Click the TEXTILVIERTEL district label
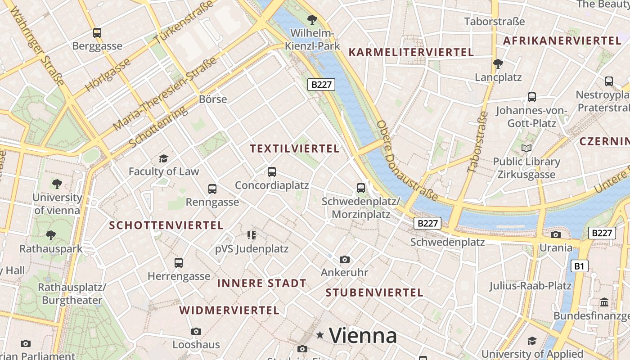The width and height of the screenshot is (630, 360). [x=295, y=149]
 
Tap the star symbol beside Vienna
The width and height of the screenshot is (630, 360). [x=320, y=335]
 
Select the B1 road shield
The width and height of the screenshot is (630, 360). [x=579, y=266]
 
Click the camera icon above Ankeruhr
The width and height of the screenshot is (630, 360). [x=345, y=259]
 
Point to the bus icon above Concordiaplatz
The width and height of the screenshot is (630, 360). [x=271, y=171]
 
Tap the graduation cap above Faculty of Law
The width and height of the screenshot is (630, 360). [x=163, y=158]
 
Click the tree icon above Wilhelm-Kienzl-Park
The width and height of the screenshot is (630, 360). [x=312, y=20]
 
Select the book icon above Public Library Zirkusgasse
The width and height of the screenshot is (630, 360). [x=526, y=148]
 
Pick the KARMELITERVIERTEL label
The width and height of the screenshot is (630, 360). [x=411, y=53]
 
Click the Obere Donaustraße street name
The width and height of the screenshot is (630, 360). [x=407, y=160]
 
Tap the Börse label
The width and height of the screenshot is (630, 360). [x=213, y=99]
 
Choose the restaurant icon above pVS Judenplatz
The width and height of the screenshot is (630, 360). [x=252, y=235]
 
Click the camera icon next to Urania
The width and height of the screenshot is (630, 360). [x=556, y=234]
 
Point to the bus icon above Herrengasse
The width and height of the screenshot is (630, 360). [x=179, y=262]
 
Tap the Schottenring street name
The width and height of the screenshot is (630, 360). [x=158, y=127]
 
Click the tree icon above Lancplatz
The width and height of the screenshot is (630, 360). [x=498, y=64]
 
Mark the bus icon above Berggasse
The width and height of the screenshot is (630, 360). [x=97, y=32]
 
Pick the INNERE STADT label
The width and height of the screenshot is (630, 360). [x=262, y=283]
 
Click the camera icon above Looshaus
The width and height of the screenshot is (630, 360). [x=196, y=331]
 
